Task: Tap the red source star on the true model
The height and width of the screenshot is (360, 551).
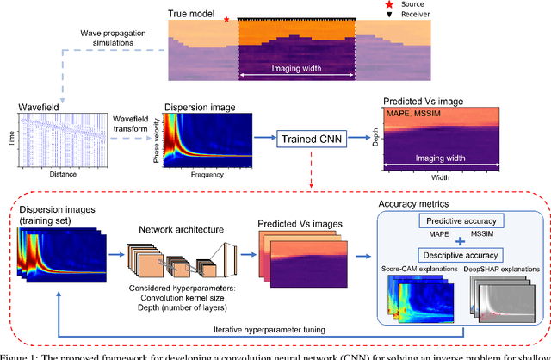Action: (226, 18)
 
